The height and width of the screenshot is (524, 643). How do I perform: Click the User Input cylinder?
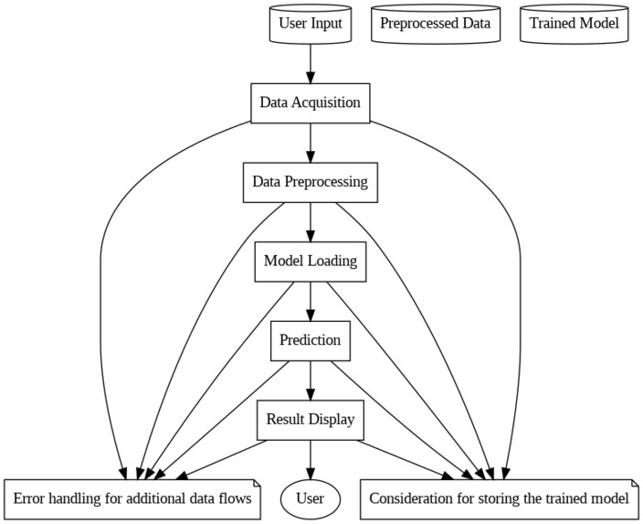[311, 24]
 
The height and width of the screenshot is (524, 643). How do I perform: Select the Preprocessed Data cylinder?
[436, 24]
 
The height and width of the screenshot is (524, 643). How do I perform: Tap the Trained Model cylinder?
[574, 24]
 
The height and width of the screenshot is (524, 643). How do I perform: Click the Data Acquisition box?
[311, 102]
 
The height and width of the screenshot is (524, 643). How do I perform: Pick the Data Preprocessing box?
[311, 182]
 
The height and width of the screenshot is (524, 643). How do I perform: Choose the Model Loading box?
[311, 262]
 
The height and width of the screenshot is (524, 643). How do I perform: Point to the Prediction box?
[311, 341]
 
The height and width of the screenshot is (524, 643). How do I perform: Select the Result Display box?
[311, 421]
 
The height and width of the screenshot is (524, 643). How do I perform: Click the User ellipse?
[311, 500]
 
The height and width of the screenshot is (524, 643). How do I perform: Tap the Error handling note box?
[132, 500]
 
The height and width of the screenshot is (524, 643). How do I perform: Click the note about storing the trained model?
[499, 500]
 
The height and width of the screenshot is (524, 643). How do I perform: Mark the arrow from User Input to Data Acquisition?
[311, 63]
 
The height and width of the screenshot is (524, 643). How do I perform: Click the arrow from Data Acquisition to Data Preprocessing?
[311, 142]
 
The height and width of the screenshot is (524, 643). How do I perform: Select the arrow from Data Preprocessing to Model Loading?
[311, 221]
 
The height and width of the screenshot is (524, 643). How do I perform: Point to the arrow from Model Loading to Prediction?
[311, 301]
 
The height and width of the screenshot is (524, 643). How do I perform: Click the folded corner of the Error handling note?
[258, 483]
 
